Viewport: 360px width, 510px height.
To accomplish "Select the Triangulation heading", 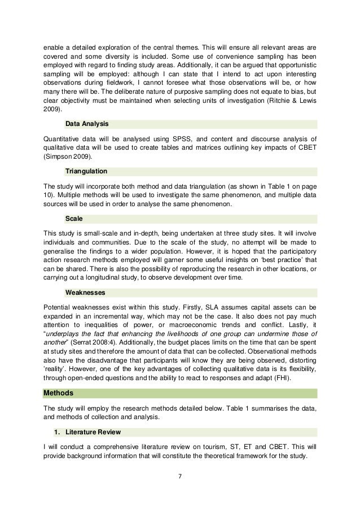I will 86,170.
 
